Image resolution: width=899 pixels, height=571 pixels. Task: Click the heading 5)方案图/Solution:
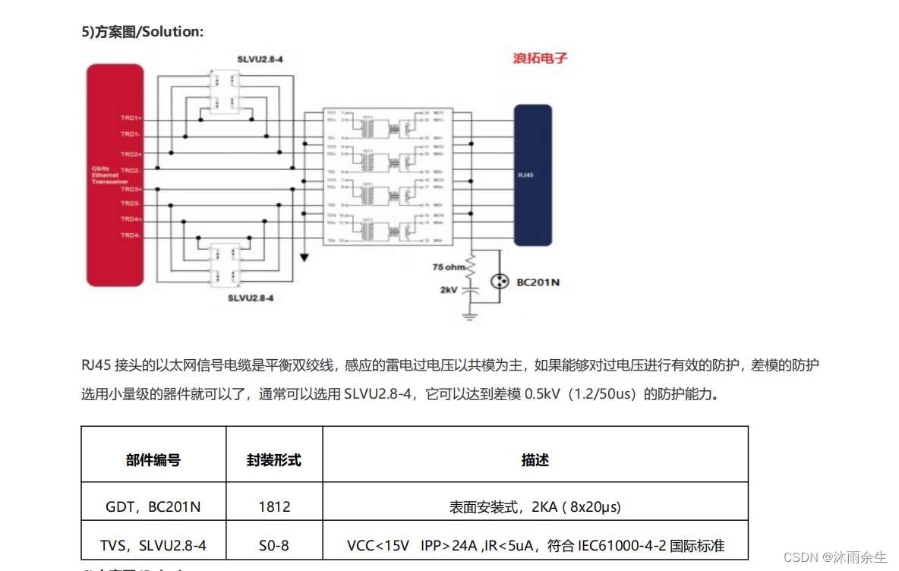(143, 31)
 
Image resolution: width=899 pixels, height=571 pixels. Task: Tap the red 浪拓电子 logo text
(539, 58)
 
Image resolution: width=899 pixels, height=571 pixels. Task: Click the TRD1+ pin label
(131, 118)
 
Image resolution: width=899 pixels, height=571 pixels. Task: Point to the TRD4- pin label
(131, 235)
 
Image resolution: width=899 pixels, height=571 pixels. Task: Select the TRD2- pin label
(131, 171)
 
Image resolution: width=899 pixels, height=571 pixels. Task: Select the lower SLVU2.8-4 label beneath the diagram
(250, 298)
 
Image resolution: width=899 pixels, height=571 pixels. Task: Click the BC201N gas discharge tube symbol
(499, 282)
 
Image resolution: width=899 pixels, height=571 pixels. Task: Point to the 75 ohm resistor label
(448, 267)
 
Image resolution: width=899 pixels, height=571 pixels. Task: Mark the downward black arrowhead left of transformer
(304, 257)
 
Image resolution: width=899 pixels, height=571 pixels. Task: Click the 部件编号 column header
(153, 460)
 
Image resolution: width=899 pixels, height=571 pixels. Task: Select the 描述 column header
(535, 460)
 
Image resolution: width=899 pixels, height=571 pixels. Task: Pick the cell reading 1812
(274, 506)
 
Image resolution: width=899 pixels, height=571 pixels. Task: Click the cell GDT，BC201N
(153, 506)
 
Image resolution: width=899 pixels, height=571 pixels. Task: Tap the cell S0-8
(274, 545)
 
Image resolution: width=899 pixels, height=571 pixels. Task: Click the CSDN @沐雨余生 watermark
(834, 557)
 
